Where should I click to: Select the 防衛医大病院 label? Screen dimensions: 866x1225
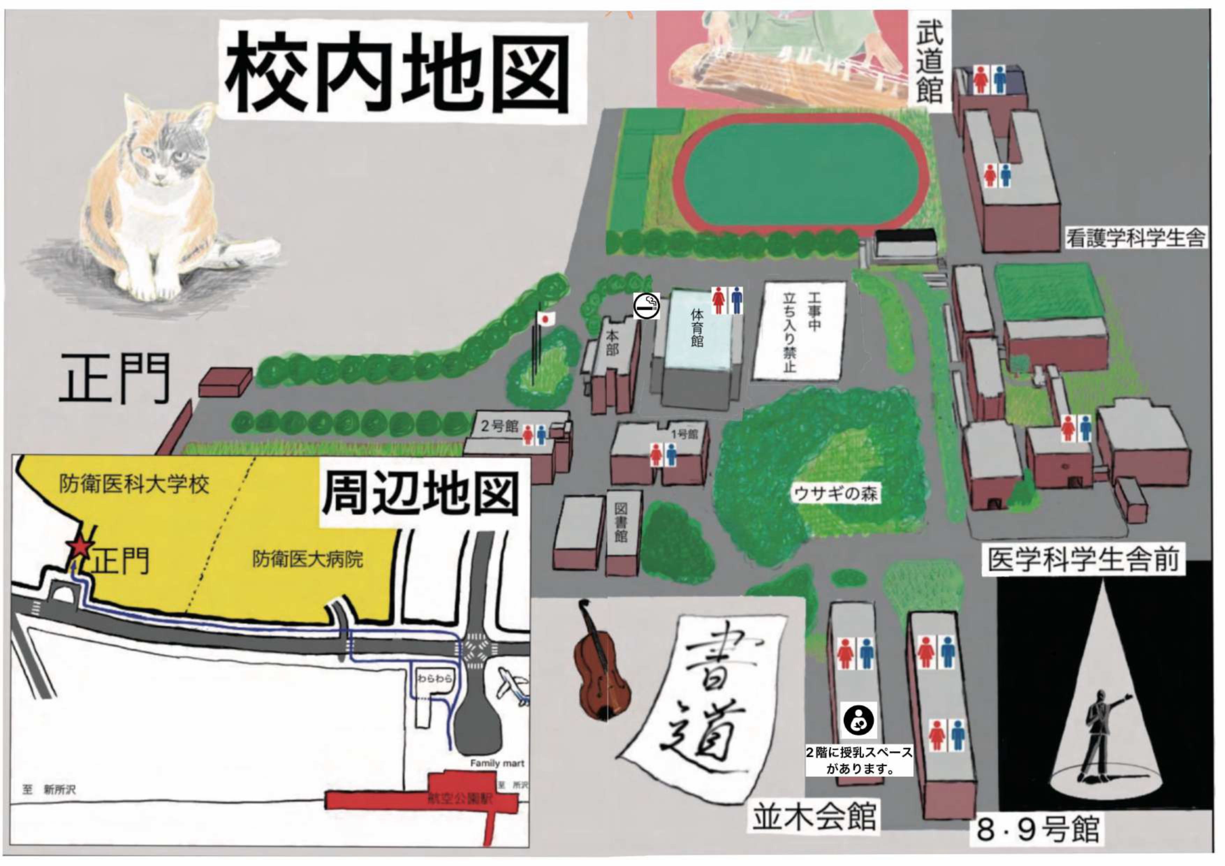tap(308, 559)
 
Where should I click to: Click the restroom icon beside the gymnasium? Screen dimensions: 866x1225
tap(728, 301)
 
